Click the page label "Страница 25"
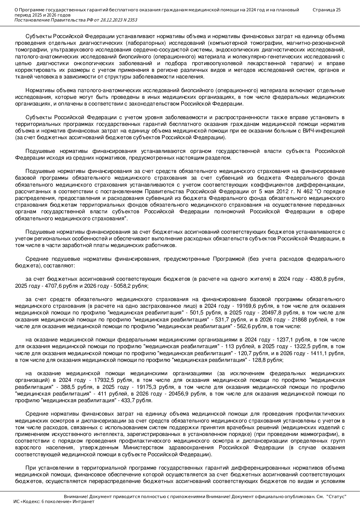click(x=326, y=10)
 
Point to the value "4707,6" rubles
click(x=53, y=286)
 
